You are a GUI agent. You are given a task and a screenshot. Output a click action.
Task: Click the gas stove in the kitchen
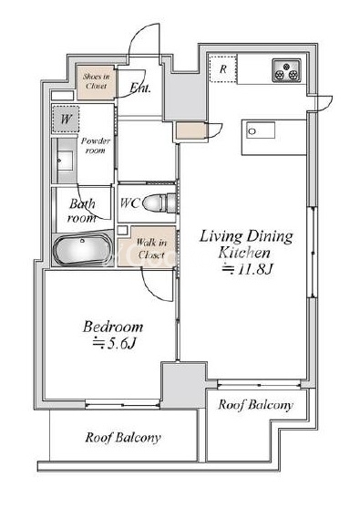click(x=287, y=70)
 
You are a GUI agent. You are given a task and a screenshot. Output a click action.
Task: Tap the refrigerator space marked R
click(x=222, y=68)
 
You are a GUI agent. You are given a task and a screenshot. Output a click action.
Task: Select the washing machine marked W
click(x=66, y=119)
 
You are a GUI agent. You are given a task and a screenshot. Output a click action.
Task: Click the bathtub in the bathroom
click(x=83, y=249)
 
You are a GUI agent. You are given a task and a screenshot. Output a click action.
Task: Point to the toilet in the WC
click(x=159, y=203)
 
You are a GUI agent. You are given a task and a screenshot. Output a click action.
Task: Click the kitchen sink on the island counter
click(x=260, y=130)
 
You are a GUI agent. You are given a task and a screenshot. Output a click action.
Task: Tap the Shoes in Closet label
click(x=96, y=81)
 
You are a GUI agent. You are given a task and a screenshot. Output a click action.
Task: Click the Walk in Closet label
click(x=151, y=248)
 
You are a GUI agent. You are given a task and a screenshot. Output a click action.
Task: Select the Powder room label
click(x=96, y=145)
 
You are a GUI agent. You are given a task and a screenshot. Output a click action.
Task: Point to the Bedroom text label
click(x=112, y=327)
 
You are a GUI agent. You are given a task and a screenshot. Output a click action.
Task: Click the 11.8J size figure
click(x=248, y=269)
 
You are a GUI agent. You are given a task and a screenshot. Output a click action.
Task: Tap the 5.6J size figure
click(x=114, y=344)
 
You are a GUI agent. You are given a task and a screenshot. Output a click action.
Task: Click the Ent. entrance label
click(x=140, y=88)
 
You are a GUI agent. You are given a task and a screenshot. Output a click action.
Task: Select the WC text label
click(x=130, y=203)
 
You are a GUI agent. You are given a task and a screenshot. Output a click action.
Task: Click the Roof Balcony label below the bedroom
click(x=123, y=438)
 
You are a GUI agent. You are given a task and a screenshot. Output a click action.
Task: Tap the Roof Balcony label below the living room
click(x=255, y=405)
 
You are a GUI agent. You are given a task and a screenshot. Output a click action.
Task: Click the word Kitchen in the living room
click(x=244, y=253)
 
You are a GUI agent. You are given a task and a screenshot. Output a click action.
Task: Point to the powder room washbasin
click(x=65, y=161)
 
